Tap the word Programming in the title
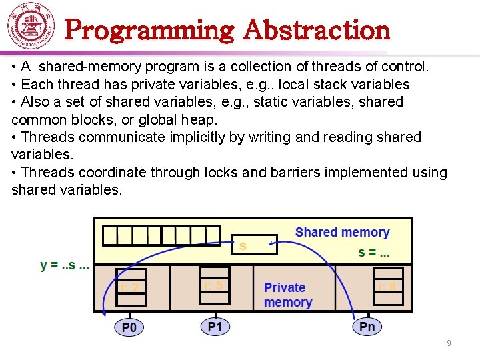pos(150,30)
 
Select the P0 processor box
pos(129,327)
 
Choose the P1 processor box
pos(215,326)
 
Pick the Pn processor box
pos(367,326)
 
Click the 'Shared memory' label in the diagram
pos(342,233)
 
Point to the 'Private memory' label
pos(287,295)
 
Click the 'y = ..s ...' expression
pos(65,265)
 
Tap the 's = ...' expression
pos(374,253)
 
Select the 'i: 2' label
pos(130,287)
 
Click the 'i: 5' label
pos(215,283)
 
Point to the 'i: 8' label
pos(387,287)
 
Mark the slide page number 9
pos(449,343)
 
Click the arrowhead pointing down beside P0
pos(104,308)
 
